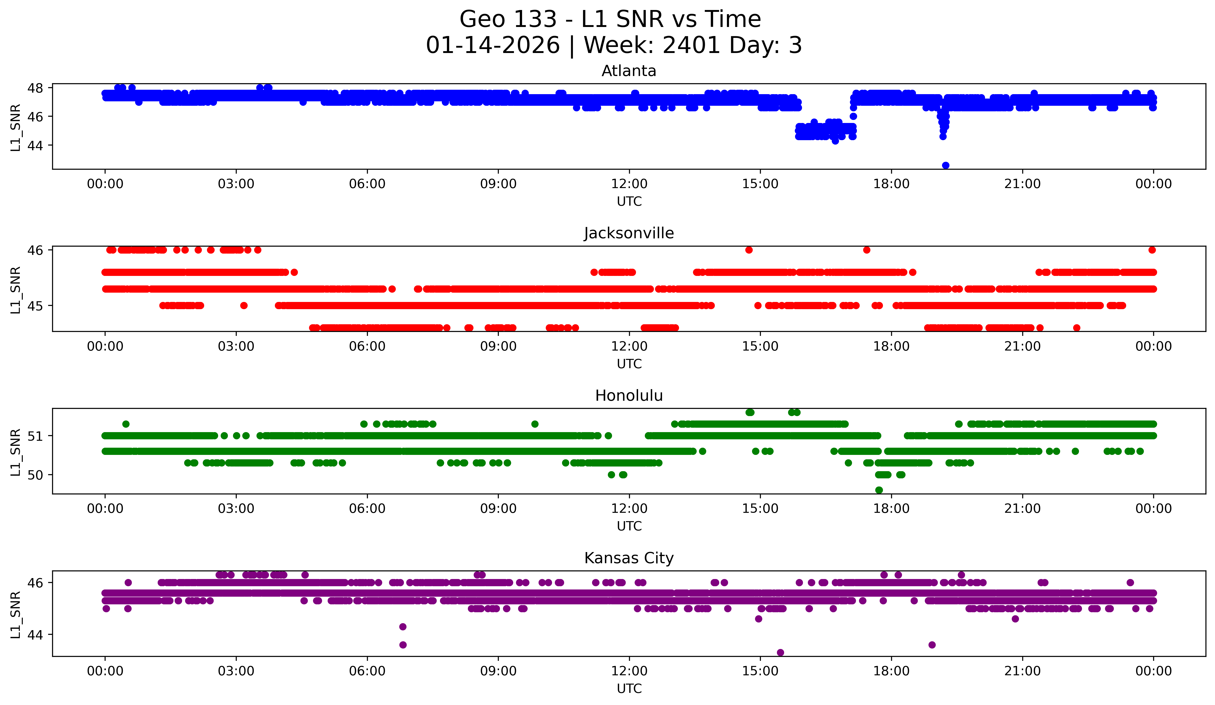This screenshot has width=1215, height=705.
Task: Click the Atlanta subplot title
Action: (x=629, y=71)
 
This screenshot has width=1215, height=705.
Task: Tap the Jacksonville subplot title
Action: (x=629, y=233)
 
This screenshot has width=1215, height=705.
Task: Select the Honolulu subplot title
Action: (x=629, y=396)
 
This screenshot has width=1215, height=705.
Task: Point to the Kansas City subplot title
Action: (x=629, y=558)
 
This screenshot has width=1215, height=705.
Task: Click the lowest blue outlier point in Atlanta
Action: (x=945, y=165)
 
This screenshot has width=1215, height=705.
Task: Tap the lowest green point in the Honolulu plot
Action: (x=879, y=490)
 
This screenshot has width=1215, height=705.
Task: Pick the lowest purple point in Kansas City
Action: (x=780, y=652)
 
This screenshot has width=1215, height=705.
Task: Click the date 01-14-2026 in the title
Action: (x=493, y=45)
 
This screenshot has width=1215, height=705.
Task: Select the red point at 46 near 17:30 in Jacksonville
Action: (x=866, y=250)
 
